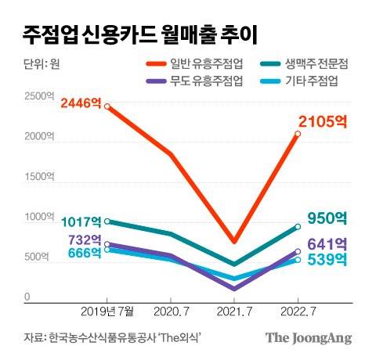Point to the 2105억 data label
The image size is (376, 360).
322,121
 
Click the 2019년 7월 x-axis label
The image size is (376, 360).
107,311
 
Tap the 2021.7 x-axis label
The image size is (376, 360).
233,311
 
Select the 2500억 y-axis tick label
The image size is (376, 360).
38,96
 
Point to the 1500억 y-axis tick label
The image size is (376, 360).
38,178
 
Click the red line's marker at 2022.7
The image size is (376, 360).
298,134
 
